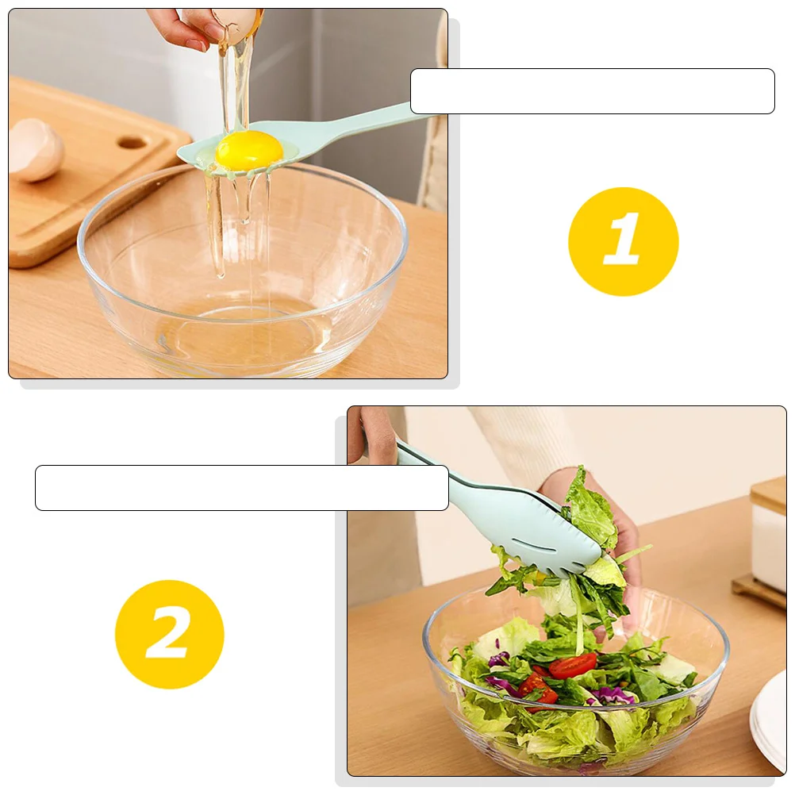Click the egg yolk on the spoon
[248, 149]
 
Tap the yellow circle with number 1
[623, 241]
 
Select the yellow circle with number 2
[169, 634]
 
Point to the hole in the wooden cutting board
[132, 144]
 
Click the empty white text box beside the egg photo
[592, 91]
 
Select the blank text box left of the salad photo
[241, 487]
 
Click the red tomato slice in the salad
[572, 665]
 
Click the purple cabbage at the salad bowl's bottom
[611, 696]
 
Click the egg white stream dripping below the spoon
[214, 222]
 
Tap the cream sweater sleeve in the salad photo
[524, 444]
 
